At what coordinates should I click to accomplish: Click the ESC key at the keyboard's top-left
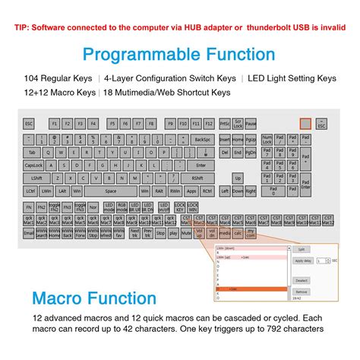coord(29,123)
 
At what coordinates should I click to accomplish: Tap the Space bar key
coord(110,191)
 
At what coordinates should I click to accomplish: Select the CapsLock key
coord(34,165)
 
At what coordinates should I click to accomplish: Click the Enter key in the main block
coord(201,165)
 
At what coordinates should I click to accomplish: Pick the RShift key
coord(197,178)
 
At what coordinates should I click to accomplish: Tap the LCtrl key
coord(30,191)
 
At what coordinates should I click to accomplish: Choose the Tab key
coord(31,152)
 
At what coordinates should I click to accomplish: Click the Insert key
coord(224,140)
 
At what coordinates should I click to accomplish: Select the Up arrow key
coord(237,178)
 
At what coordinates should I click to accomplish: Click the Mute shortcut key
coord(186,233)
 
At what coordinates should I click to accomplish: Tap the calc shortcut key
coord(237,233)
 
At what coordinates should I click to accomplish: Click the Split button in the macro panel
coord(301,249)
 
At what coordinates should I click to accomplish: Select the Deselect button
coord(301,279)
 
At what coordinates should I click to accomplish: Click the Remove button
coord(301,291)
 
